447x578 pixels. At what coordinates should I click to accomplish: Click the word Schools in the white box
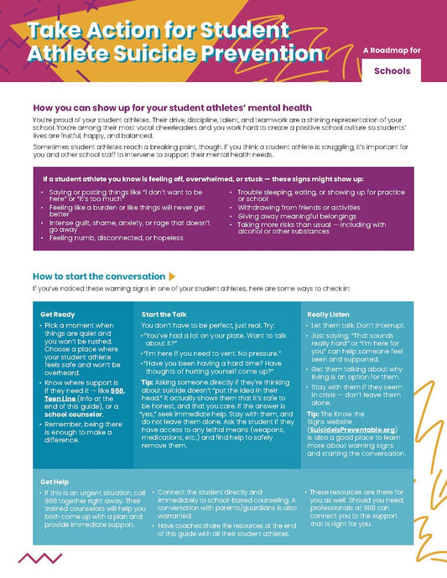pyautogui.click(x=392, y=70)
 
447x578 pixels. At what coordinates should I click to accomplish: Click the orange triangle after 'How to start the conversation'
pyautogui.click(x=172, y=276)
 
